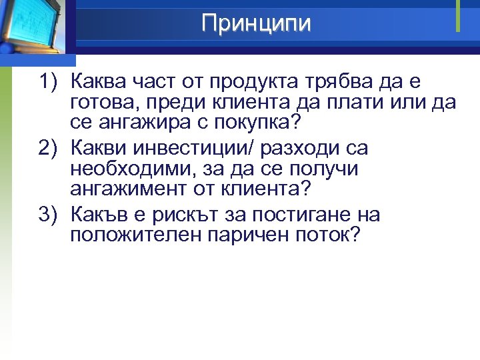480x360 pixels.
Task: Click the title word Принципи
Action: point(256,23)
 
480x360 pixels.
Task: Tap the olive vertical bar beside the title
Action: point(459,15)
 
